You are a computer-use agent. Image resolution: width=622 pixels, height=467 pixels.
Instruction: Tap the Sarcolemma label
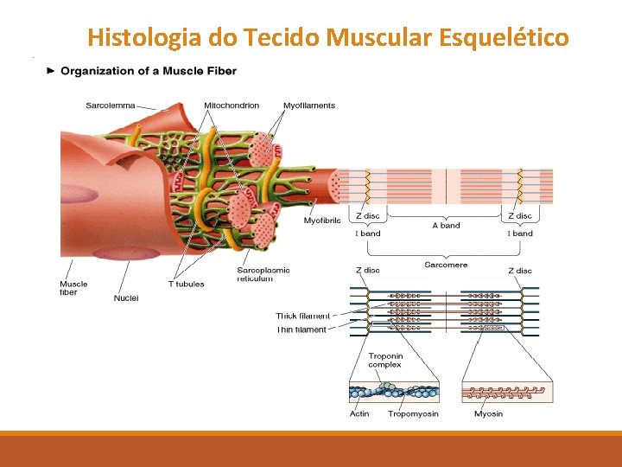[110, 106]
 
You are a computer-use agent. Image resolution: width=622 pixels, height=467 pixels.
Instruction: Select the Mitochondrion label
[232, 106]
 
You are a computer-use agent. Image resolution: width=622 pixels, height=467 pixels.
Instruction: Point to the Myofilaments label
[309, 106]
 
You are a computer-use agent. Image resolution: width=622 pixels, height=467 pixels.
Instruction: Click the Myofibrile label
[322, 221]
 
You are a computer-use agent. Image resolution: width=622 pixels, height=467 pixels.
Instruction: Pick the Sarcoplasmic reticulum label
[263, 274]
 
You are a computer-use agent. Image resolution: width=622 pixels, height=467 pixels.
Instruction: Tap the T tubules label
[187, 284]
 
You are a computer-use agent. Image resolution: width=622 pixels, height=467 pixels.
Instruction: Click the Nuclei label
[126, 298]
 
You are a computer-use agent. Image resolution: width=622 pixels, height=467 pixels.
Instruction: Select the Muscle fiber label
[73, 288]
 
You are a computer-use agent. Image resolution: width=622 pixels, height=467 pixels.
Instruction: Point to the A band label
[446, 226]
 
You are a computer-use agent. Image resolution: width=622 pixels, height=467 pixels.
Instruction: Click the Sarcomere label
[446, 265]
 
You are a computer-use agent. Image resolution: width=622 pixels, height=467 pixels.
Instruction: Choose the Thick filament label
[302, 316]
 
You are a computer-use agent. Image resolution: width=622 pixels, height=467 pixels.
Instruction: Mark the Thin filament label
[301, 329]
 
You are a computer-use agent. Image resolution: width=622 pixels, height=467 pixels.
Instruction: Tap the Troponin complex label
[385, 361]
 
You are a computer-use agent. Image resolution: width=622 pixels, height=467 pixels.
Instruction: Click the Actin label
[359, 413]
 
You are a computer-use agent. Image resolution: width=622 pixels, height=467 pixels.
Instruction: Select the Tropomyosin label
[413, 413]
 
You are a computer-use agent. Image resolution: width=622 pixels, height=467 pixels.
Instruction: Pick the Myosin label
[489, 413]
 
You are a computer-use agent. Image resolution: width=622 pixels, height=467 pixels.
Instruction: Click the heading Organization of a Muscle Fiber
[148, 71]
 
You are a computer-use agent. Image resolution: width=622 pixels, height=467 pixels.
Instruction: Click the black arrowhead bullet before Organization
[51, 71]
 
